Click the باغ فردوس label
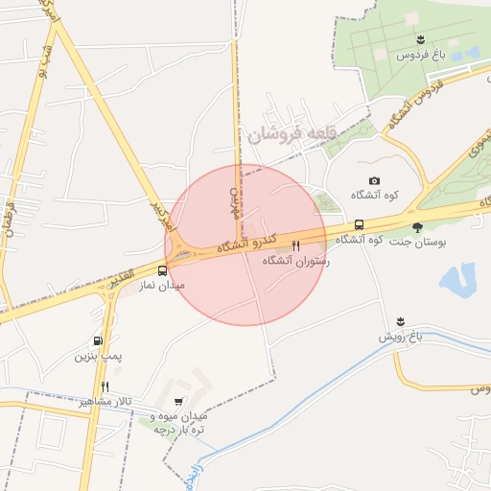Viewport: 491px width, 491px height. tap(421, 55)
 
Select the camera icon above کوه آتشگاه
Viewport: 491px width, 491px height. tap(374, 181)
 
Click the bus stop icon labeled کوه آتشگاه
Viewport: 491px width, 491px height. tap(359, 225)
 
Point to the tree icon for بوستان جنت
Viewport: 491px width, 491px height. tap(417, 227)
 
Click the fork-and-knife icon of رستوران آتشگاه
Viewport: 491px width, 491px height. tap(295, 245)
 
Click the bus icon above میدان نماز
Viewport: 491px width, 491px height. tap(162, 270)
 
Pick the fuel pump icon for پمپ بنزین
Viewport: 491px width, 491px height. tap(98, 340)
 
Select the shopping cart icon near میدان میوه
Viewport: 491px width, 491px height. tap(179, 402)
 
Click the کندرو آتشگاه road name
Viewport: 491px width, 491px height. tap(247, 241)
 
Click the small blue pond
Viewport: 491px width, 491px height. tap(456, 280)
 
